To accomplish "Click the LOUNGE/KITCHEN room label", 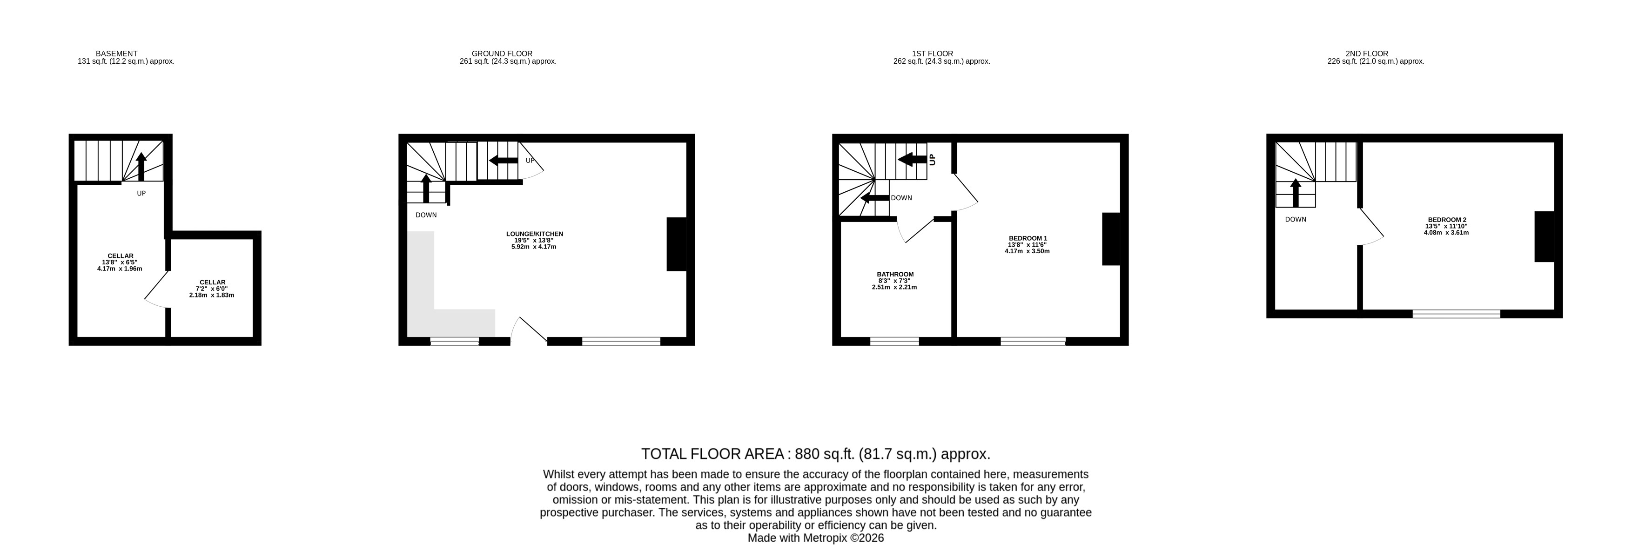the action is (x=535, y=234).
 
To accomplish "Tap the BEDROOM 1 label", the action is (x=1028, y=238).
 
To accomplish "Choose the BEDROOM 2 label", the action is (x=1446, y=220).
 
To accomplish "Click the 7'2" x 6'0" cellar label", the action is (x=212, y=289).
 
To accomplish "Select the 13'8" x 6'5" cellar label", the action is (x=120, y=262).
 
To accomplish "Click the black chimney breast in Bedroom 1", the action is (x=1111, y=239).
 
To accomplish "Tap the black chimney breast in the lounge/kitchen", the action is (x=677, y=245).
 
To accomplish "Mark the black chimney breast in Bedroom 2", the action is (x=1544, y=236).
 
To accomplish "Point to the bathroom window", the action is (x=894, y=342).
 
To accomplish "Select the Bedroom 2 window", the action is (x=1457, y=314).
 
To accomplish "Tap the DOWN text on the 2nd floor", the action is (x=1296, y=220).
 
